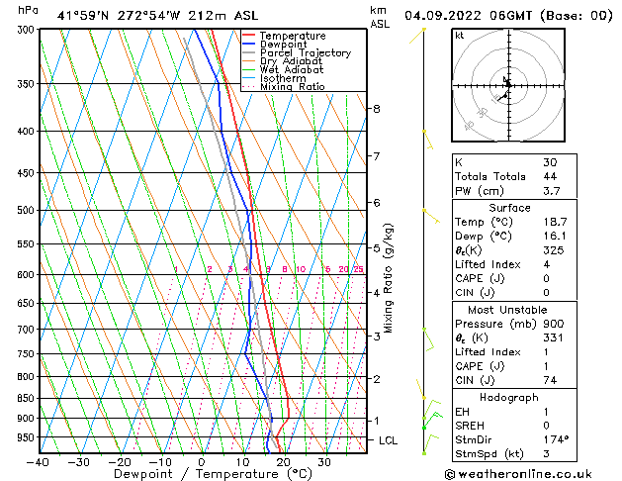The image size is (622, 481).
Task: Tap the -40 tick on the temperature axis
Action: [x=40, y=462]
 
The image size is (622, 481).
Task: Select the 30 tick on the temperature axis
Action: [x=324, y=462]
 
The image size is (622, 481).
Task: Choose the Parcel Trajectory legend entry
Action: [x=305, y=53]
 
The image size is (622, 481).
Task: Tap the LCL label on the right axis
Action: [x=388, y=440]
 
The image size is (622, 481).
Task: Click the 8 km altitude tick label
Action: [x=377, y=108]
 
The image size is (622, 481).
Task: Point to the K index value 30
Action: [x=550, y=162]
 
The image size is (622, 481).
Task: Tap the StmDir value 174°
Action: [x=555, y=439]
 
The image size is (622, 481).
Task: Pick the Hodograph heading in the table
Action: [x=509, y=397]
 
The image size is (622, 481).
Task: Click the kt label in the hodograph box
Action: [x=460, y=36]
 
